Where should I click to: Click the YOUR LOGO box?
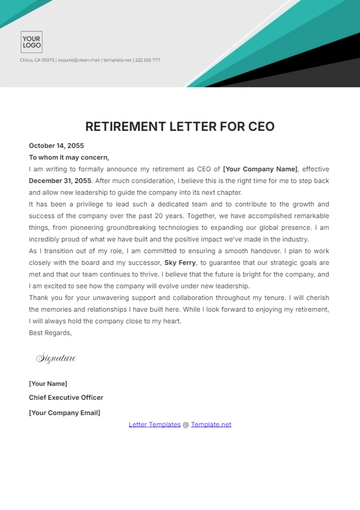tap(31, 41)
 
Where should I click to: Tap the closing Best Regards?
tap(50, 332)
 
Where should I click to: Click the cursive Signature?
tap(56, 357)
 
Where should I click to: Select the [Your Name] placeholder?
tap(48, 384)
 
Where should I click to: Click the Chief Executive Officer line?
tap(66, 397)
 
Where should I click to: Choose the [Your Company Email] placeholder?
tap(65, 411)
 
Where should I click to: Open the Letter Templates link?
tap(154, 424)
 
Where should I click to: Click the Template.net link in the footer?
tap(211, 424)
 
